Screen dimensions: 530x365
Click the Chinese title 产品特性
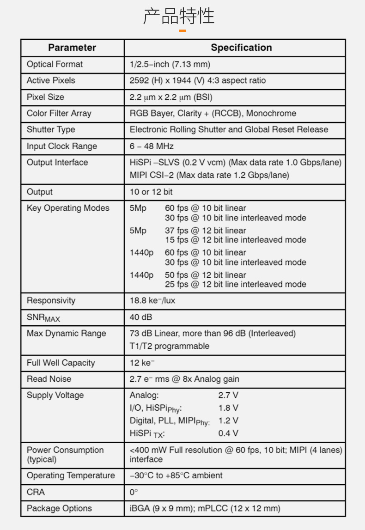[x=179, y=16]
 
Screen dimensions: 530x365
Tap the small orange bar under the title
[x=182, y=31]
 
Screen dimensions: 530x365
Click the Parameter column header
[x=72, y=48]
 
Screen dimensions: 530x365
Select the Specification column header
[x=241, y=48]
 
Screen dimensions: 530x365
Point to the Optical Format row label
[x=55, y=64]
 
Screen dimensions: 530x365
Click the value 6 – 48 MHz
[x=152, y=146]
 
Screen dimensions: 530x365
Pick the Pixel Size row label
[x=45, y=97]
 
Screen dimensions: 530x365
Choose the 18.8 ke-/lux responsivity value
[x=152, y=301]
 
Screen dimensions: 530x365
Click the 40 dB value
[x=141, y=317]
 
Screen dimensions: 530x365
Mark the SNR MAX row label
[x=43, y=318]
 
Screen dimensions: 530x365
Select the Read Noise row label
[x=49, y=379]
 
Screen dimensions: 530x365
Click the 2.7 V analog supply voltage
[x=228, y=395]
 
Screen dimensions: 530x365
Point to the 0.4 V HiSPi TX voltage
[x=228, y=433]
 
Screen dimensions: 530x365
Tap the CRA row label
[x=36, y=492]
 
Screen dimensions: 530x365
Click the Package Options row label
[x=59, y=508]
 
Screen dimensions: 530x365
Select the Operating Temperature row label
[x=71, y=475]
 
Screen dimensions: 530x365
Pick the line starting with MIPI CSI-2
[x=209, y=175]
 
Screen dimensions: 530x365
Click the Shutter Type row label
[x=51, y=130]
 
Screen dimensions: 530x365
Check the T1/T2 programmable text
[x=170, y=346]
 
